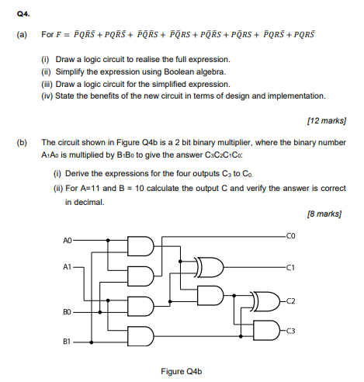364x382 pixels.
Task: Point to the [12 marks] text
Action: click(x=326, y=121)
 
